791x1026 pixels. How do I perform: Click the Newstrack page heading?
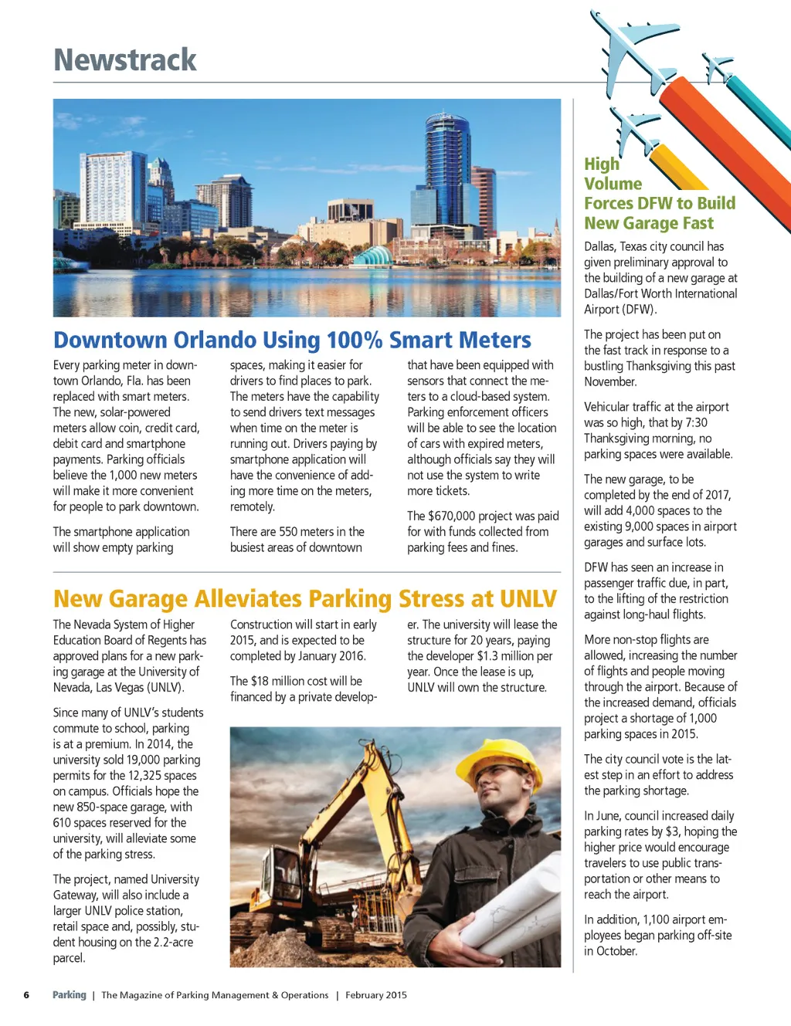click(125, 60)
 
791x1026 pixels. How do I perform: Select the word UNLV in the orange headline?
click(528, 599)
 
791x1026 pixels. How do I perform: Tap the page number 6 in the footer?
click(26, 995)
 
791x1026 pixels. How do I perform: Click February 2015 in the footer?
click(376, 995)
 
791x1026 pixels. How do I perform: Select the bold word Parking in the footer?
click(70, 995)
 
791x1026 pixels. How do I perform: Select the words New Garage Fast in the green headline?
click(649, 223)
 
